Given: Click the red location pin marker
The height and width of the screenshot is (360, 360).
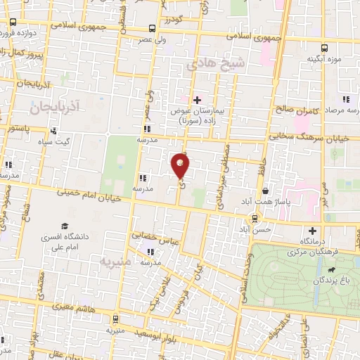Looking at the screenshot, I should click(x=180, y=166).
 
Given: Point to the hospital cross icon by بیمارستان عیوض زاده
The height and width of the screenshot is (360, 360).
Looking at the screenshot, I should click(x=198, y=100).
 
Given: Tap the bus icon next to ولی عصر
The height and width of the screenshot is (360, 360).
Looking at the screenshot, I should click(x=152, y=29).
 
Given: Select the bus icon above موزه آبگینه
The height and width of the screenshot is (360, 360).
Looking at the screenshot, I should click(x=324, y=47).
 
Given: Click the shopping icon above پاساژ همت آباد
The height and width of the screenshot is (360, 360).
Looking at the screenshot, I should click(x=265, y=191).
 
